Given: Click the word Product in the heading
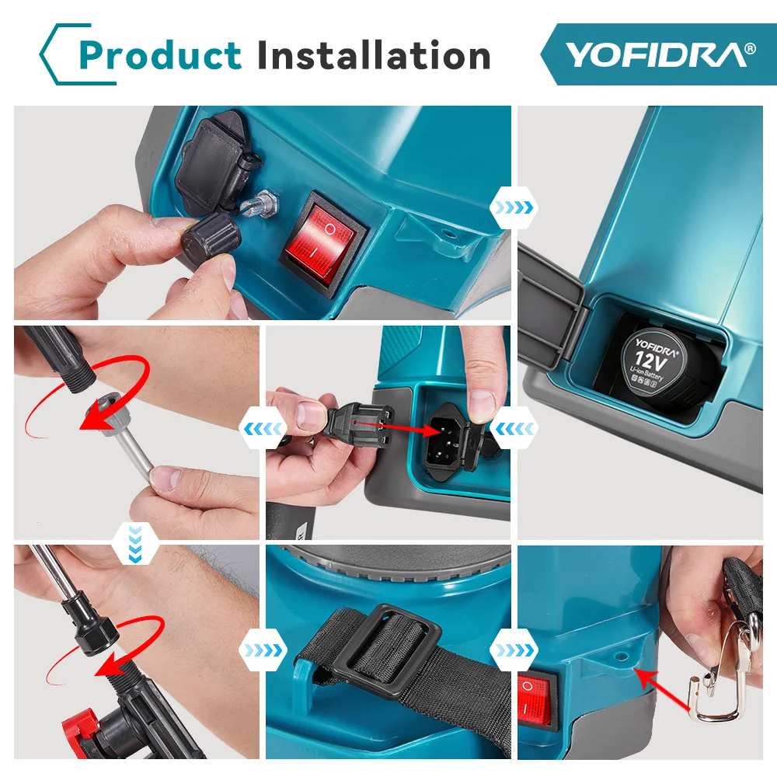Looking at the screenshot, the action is [160, 54].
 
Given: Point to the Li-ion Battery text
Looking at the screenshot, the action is [646, 374].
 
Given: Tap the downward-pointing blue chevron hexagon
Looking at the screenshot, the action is [135, 545].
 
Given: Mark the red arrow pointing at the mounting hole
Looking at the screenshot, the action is [661, 689].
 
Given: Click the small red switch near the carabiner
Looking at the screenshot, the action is [535, 699].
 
